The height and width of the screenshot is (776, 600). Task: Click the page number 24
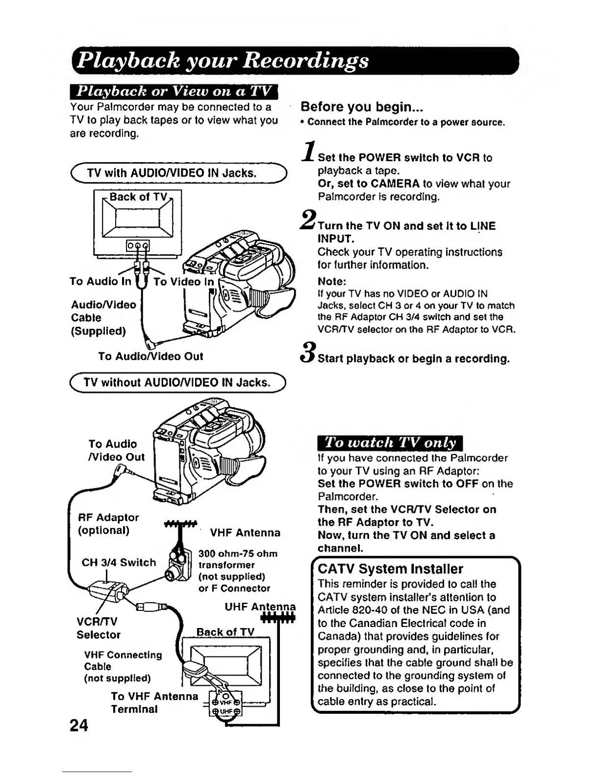click(x=79, y=725)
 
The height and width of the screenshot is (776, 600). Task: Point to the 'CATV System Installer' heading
click(x=390, y=569)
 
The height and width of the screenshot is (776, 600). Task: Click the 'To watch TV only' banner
click(x=390, y=443)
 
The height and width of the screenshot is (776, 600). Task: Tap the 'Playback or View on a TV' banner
click(x=174, y=92)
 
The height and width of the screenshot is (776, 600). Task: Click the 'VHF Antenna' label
click(x=245, y=533)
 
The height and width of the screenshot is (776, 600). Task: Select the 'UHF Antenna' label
click(x=260, y=607)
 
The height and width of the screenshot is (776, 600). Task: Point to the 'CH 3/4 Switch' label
click(x=119, y=562)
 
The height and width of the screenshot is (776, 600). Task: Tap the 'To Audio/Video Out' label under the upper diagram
click(x=150, y=356)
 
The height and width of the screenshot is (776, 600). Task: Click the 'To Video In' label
click(x=183, y=282)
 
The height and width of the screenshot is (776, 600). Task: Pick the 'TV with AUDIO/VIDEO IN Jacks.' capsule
click(x=178, y=173)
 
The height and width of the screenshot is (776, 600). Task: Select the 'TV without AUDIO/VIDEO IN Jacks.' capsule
click(x=178, y=382)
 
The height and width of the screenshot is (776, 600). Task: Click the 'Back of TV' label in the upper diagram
click(x=138, y=197)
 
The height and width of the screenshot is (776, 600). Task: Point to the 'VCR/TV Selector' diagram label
click(x=98, y=628)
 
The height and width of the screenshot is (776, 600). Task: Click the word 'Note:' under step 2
click(x=332, y=282)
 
